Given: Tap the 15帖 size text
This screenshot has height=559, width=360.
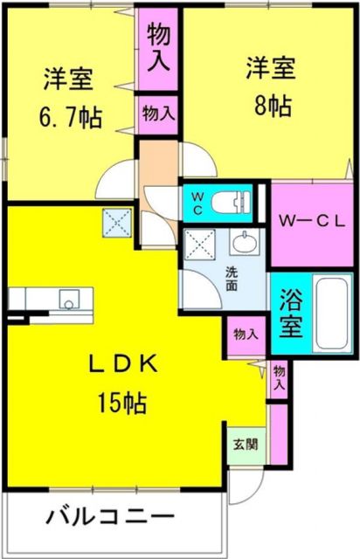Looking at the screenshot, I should [121, 403].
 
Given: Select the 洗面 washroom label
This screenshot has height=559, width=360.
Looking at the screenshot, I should [232, 278].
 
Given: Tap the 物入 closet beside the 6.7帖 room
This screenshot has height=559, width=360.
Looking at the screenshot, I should [158, 113].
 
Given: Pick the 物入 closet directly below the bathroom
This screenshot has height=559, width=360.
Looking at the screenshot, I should [246, 335].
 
